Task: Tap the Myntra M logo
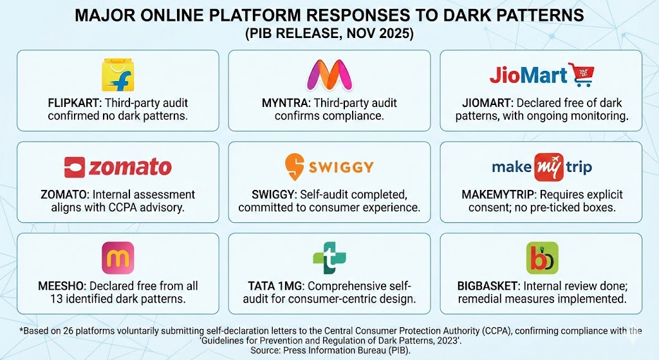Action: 329,75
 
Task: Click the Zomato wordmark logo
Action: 118,167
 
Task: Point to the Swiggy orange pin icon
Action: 295,166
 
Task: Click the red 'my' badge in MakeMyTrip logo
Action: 543,167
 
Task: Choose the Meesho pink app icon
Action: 118,258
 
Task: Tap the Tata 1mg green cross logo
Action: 329,258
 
